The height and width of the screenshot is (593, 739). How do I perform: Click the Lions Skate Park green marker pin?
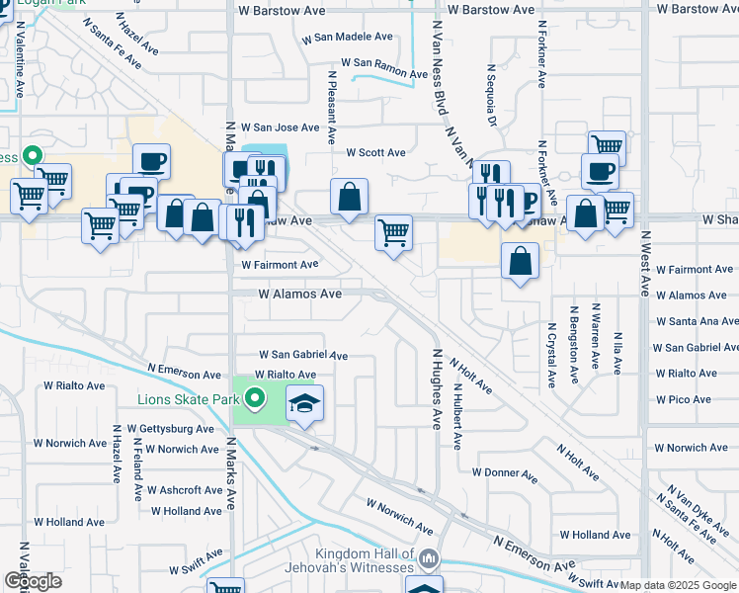(x=255, y=399)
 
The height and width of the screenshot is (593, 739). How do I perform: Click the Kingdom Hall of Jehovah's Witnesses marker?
(x=427, y=560)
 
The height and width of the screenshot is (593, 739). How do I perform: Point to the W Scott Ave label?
(x=375, y=153)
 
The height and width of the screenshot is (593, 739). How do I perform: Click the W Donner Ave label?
(x=504, y=472)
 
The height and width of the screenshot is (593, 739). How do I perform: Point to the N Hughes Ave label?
(x=435, y=388)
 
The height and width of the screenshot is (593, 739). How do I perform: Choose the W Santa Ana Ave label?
(x=697, y=322)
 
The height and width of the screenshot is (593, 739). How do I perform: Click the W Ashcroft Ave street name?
(x=185, y=490)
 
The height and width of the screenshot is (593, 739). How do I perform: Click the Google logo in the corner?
(x=33, y=580)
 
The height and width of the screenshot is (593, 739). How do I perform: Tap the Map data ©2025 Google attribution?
(x=678, y=585)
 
